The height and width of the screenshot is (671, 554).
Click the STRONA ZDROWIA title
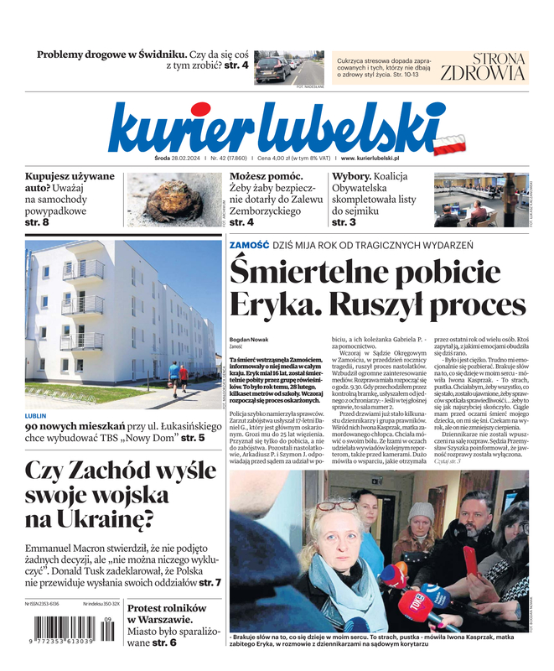[x=483, y=66]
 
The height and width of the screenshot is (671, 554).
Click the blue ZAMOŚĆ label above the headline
[x=249, y=245]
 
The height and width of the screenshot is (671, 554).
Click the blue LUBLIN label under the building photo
[x=36, y=415]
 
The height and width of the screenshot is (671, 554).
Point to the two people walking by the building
[x=179, y=375]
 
